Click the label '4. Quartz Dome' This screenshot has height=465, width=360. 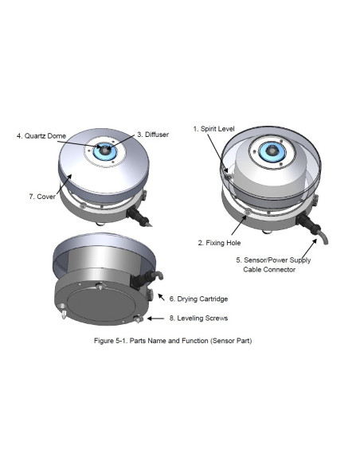tap(41, 136)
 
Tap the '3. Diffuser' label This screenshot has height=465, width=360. tap(153, 135)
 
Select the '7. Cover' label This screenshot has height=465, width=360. tap(42, 197)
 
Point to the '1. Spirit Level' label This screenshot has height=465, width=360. tap(213, 129)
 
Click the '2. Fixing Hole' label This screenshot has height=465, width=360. tap(219, 243)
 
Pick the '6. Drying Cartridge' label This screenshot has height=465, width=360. tap(198, 299)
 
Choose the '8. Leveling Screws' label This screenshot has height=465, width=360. tap(198, 318)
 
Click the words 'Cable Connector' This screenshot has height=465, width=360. tap(269, 270)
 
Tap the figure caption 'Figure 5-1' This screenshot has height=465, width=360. tap(111, 341)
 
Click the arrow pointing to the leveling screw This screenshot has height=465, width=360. tap(155, 318)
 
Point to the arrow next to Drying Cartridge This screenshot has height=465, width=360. tap(161, 297)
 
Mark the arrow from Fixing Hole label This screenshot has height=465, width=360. tap(239, 225)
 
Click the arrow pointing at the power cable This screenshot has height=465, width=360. tap(309, 250)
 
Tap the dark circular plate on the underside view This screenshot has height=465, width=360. tap(101, 307)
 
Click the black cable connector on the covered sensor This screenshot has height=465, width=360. tap(137, 215)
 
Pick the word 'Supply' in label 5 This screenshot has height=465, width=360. tap(300, 260)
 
